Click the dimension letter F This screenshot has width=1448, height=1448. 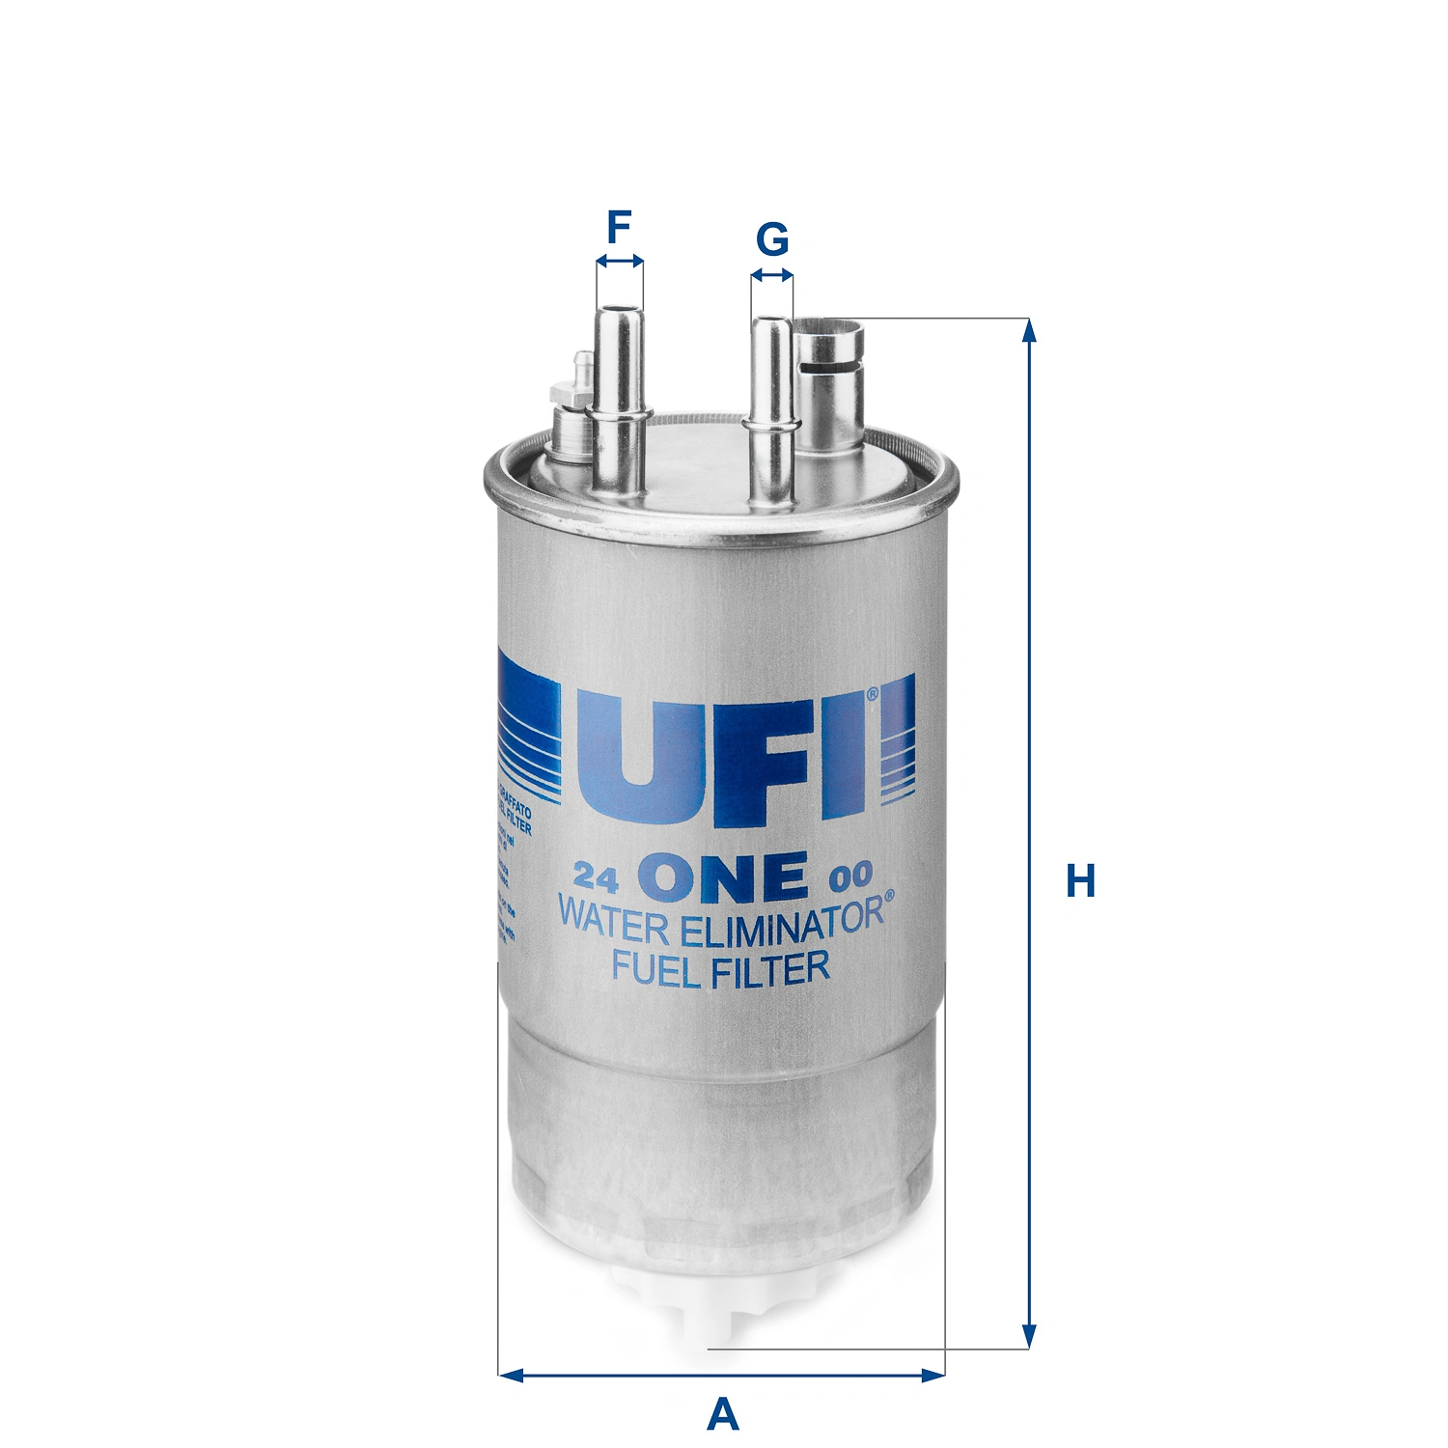point(619,228)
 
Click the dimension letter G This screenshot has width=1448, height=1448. point(772,238)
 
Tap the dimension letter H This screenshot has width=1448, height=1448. point(1080,881)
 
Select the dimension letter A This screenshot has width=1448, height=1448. point(722,1414)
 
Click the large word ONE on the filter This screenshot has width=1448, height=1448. point(729,876)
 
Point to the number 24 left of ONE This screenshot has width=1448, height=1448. point(596,877)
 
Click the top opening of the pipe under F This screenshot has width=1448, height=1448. point(620,311)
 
